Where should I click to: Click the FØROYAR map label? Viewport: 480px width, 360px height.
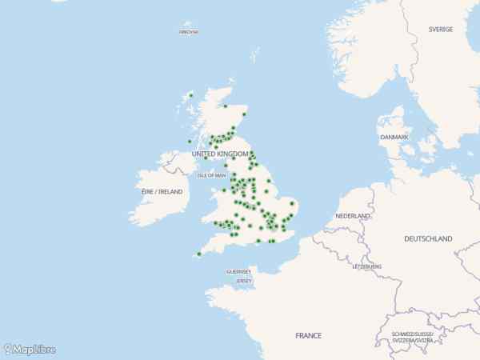[189, 32]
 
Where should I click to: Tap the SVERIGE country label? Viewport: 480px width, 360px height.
[441, 30]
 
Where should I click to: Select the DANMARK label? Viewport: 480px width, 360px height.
[394, 138]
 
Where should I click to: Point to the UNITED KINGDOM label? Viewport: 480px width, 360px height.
[220, 154]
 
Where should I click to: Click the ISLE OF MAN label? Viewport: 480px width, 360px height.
[212, 175]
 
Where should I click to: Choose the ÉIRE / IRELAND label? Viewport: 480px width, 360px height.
[162, 192]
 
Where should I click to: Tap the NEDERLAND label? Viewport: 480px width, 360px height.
[353, 217]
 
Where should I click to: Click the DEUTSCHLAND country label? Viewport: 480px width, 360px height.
[428, 238]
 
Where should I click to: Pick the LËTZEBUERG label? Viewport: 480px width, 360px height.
[367, 266]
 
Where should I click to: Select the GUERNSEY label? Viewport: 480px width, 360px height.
[239, 271]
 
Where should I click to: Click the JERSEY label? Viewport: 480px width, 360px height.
[244, 281]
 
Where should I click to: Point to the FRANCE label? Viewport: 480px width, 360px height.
[308, 335]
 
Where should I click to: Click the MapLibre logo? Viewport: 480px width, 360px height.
[30, 350]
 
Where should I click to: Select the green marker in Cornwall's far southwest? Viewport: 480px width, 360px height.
[198, 254]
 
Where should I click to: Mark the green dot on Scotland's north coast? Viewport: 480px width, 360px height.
[226, 106]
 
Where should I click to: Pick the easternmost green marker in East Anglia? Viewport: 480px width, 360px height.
[293, 203]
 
